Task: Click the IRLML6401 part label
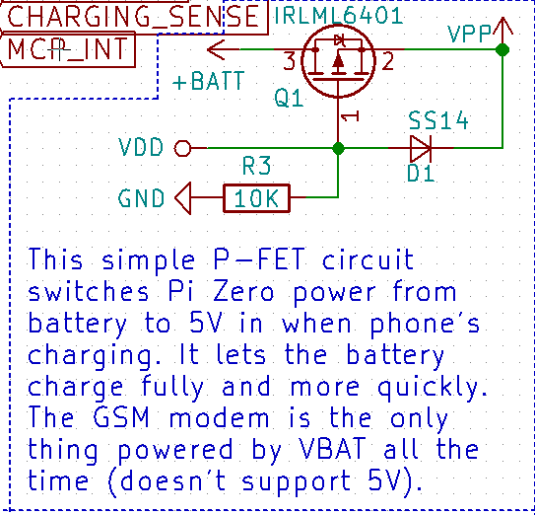pos(339,16)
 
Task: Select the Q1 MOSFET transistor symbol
pos(339,61)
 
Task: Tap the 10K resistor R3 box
pos(256,198)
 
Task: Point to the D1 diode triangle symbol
pos(421,148)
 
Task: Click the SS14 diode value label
pos(438,120)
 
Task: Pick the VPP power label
pos(470,34)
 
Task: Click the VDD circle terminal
pos(182,148)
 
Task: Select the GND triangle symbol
pos(183,198)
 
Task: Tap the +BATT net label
pos(209,81)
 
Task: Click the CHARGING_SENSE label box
pos(133,17)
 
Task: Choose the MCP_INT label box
pos(68,49)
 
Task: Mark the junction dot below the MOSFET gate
pos(338,148)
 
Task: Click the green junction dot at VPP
pos(502,49)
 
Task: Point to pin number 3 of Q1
pos(290,61)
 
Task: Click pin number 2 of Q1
pos(388,61)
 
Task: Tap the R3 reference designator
pos(256,166)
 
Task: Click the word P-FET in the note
pos(259,258)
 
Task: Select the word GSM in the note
pos(121,417)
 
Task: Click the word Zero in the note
pos(243,292)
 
